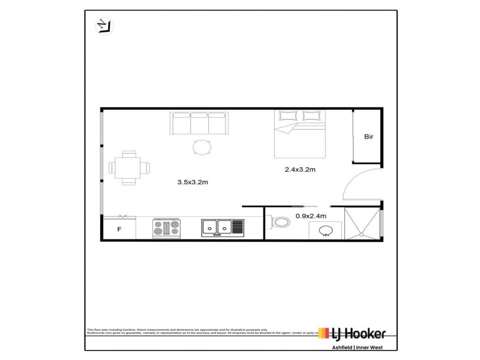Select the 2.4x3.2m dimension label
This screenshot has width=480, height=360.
pyautogui.click(x=300, y=170)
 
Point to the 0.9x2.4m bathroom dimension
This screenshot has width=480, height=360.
pyautogui.click(x=311, y=216)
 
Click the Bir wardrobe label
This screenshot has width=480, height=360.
pyautogui.click(x=369, y=137)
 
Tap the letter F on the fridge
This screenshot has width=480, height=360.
pyautogui.click(x=119, y=229)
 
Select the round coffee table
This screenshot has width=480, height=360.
pyautogui.click(x=202, y=147)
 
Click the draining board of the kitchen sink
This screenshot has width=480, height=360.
pyautogui.click(x=238, y=227)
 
